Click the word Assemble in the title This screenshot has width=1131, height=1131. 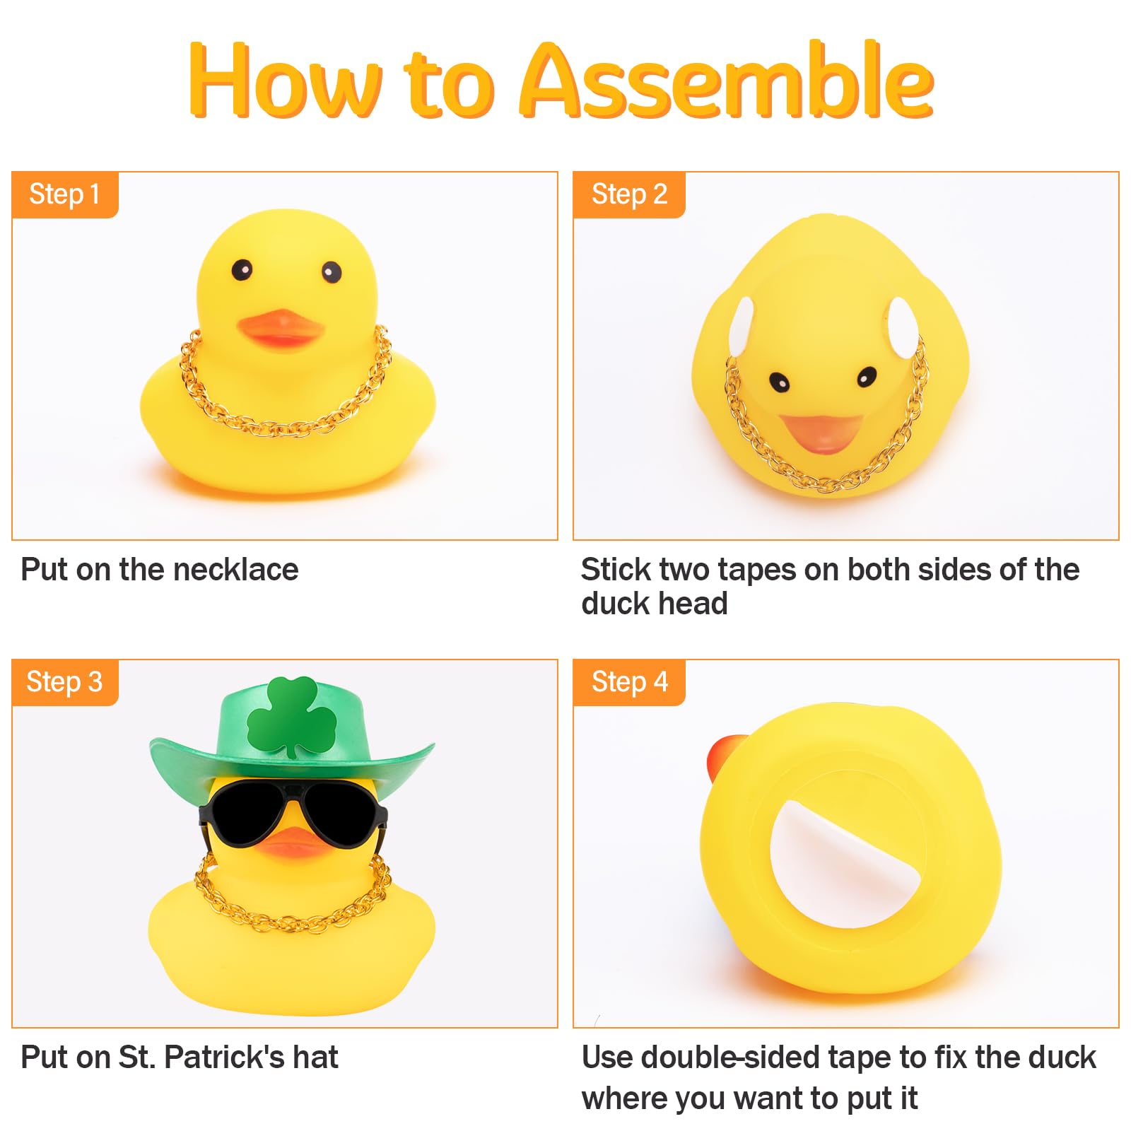727,80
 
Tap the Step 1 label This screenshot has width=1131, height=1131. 64,194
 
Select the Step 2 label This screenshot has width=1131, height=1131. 629,194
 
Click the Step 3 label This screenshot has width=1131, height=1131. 64,682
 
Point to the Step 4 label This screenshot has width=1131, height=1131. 629,682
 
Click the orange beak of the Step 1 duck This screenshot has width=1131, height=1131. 281,328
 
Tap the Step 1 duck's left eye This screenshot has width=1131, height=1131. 242,269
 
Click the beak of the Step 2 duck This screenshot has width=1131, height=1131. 822,431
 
